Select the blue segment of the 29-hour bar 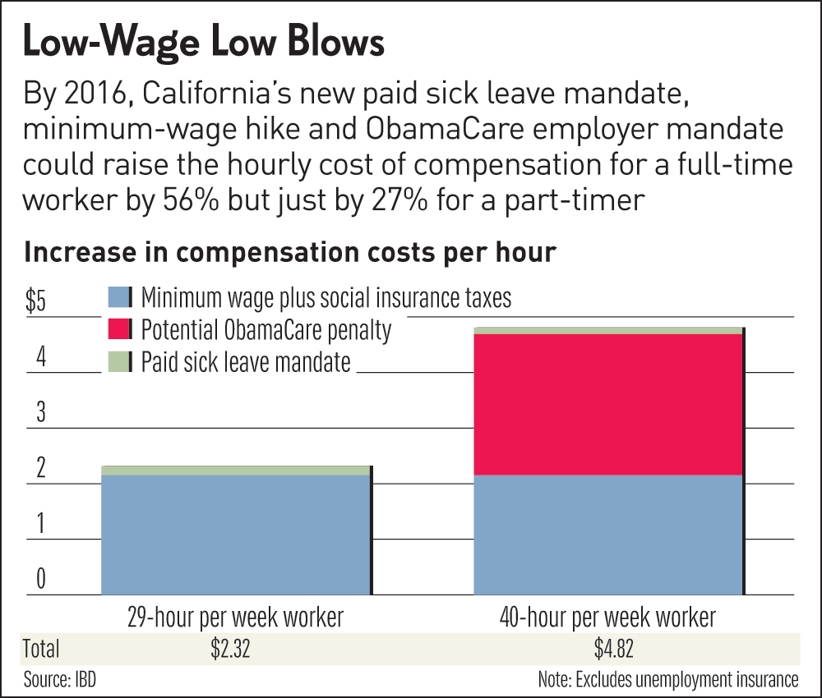pos(236,534)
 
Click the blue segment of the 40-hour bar pos(608,534)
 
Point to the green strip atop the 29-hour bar pos(236,471)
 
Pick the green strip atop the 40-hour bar pos(608,330)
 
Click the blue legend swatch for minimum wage pos(119,296)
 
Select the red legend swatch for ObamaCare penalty pos(119,329)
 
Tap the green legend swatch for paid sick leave pos(119,361)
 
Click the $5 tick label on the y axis pos(36,301)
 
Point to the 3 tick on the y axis pos(38,413)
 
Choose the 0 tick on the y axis pos(38,580)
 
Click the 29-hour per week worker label pos(235,617)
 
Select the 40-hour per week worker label pos(609,617)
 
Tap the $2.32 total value pos(229,649)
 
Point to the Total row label pos(41,649)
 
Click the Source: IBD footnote pos(55,679)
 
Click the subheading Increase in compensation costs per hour pos(290,252)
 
